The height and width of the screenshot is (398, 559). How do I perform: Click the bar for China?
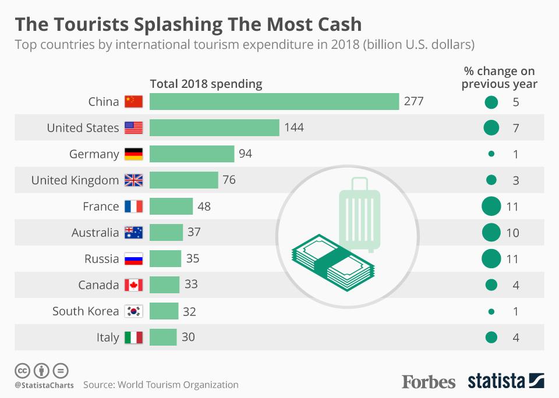tap(274, 102)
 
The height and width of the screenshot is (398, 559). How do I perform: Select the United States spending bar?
tap(214, 128)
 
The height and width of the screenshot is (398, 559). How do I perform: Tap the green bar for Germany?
tap(192, 154)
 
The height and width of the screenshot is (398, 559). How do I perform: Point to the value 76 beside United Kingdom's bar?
tap(229, 180)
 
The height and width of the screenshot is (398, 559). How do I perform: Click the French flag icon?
tap(133, 207)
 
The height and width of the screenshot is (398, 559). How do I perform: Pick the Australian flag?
tap(133, 233)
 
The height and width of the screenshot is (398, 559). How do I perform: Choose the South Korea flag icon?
tap(133, 311)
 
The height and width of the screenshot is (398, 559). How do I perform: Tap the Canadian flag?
tap(133, 285)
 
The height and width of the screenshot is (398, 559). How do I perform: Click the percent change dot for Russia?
tap(491, 259)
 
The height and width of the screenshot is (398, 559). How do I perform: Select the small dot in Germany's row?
tap(491, 154)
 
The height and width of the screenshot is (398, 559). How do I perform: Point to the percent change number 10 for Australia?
tap(512, 233)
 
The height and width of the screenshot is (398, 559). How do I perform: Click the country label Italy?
tap(108, 337)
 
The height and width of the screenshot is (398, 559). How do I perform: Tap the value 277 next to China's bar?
tap(414, 102)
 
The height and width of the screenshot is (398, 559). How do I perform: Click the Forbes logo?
tap(429, 382)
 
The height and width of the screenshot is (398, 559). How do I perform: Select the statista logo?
tap(506, 382)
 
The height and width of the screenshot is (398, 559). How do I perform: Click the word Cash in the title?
tap(335, 24)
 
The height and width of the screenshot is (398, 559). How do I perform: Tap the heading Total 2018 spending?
tap(206, 84)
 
